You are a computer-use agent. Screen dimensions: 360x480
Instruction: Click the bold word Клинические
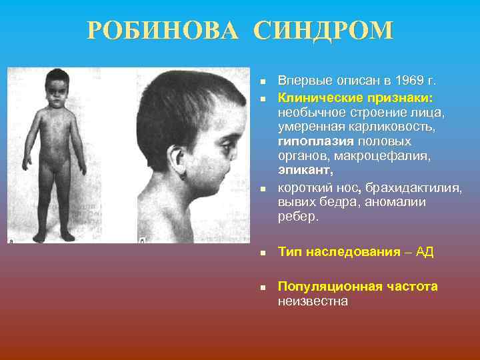(x=319, y=98)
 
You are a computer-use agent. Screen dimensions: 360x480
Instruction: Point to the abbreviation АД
(x=425, y=252)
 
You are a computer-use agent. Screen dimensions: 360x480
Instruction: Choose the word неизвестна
(x=313, y=301)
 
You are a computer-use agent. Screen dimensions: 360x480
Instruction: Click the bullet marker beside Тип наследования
(x=263, y=253)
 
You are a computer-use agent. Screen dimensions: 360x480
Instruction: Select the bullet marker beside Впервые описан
(x=263, y=82)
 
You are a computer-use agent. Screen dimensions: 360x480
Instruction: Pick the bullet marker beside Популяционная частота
(x=263, y=287)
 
